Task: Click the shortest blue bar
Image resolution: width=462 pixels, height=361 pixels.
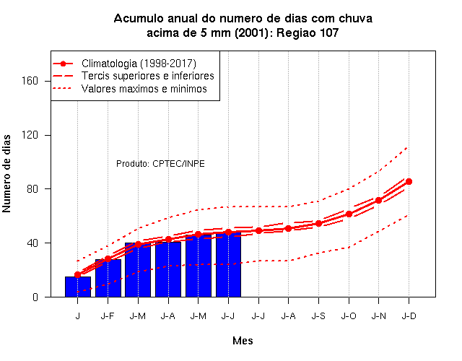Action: (78, 287)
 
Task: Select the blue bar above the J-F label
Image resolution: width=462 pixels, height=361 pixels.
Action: (108, 278)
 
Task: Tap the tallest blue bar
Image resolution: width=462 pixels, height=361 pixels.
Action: (229, 264)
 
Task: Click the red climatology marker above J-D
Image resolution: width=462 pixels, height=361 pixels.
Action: (409, 181)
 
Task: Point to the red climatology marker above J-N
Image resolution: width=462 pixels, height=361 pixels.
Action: (378, 201)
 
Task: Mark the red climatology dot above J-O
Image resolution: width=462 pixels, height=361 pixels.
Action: (349, 214)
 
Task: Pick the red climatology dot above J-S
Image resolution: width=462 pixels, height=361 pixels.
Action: (318, 223)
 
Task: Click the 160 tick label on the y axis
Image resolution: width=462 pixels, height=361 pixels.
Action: (30, 81)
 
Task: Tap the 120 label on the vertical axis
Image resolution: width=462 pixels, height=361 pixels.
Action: (30, 135)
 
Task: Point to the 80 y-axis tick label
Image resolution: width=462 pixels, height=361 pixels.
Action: (32, 189)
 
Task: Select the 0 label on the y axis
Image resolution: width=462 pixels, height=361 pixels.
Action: (35, 297)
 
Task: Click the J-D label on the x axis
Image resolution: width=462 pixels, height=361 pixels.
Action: (409, 316)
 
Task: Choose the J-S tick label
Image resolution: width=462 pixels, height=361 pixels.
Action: (318, 316)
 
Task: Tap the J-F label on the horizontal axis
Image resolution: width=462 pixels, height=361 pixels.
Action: (108, 316)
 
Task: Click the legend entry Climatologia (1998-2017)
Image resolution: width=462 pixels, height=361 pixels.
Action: (139, 64)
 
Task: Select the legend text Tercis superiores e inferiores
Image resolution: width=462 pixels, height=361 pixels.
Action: (148, 76)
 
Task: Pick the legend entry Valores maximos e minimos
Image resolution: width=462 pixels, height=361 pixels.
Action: (144, 89)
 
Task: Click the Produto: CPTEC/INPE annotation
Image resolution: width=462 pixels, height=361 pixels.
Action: (160, 164)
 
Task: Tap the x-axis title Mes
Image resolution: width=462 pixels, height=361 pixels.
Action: (243, 341)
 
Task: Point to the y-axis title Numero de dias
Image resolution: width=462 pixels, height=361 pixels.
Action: (6, 174)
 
